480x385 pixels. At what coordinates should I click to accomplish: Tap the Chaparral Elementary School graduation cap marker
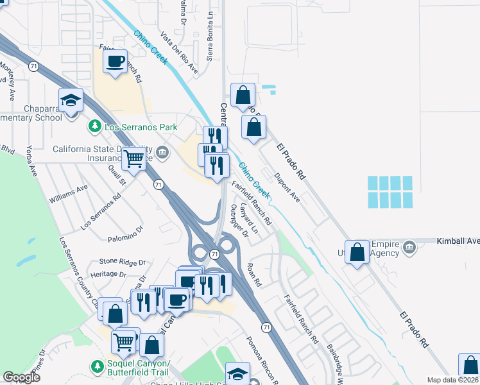pos(71,101)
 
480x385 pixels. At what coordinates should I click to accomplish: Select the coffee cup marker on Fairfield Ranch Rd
pos(116,63)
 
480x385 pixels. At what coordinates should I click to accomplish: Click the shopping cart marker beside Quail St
pos(133,158)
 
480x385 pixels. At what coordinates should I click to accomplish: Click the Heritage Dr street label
pos(108,274)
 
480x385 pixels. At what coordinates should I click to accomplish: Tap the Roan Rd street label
pos(255,274)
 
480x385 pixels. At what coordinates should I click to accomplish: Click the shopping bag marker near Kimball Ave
pos(357,252)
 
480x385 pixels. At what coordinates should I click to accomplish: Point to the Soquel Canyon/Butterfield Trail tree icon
pos(97,366)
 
